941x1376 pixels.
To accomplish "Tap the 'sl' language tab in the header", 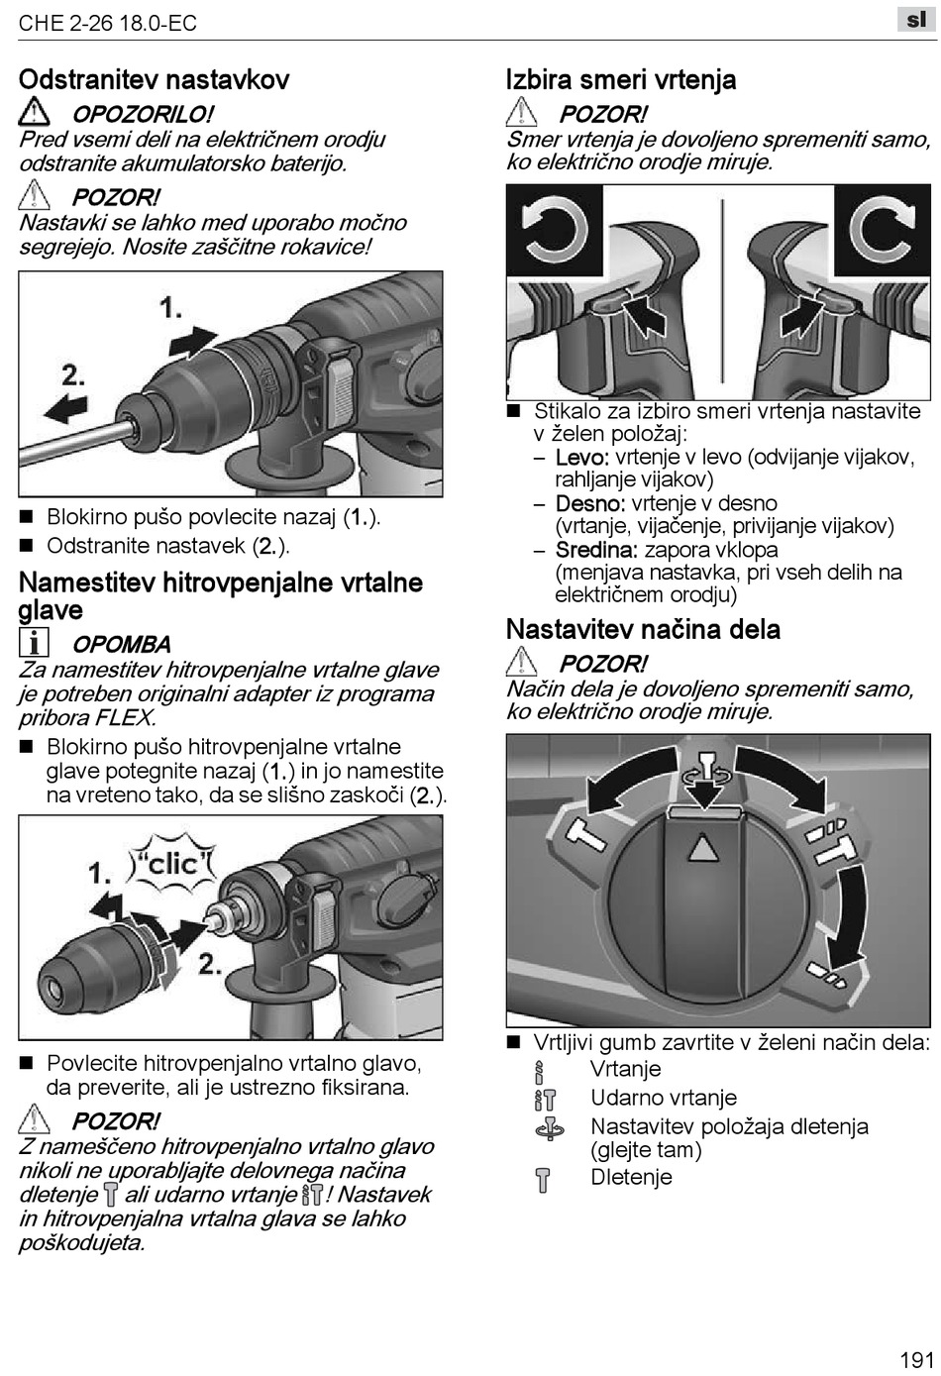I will point(915,19).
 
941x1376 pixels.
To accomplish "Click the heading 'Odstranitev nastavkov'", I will point(154,79).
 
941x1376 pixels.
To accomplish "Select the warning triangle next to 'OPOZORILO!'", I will point(35,112).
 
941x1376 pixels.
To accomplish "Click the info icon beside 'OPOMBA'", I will point(34,643).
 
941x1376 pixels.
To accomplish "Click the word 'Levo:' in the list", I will point(582,458).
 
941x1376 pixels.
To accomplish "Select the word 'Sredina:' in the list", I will point(596,550).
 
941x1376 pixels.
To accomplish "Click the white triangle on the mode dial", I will point(701,847).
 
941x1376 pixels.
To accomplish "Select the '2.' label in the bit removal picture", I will point(73,374).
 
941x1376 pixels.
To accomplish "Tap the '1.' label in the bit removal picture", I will point(171,308).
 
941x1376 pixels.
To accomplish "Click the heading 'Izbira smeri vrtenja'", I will point(621,79).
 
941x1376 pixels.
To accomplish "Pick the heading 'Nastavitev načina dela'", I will point(643,629).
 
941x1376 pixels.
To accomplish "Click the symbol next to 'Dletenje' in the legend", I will point(542,1180).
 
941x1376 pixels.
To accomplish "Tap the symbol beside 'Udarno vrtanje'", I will point(544,1099).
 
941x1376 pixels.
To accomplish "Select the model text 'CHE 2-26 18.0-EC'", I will point(108,23).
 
